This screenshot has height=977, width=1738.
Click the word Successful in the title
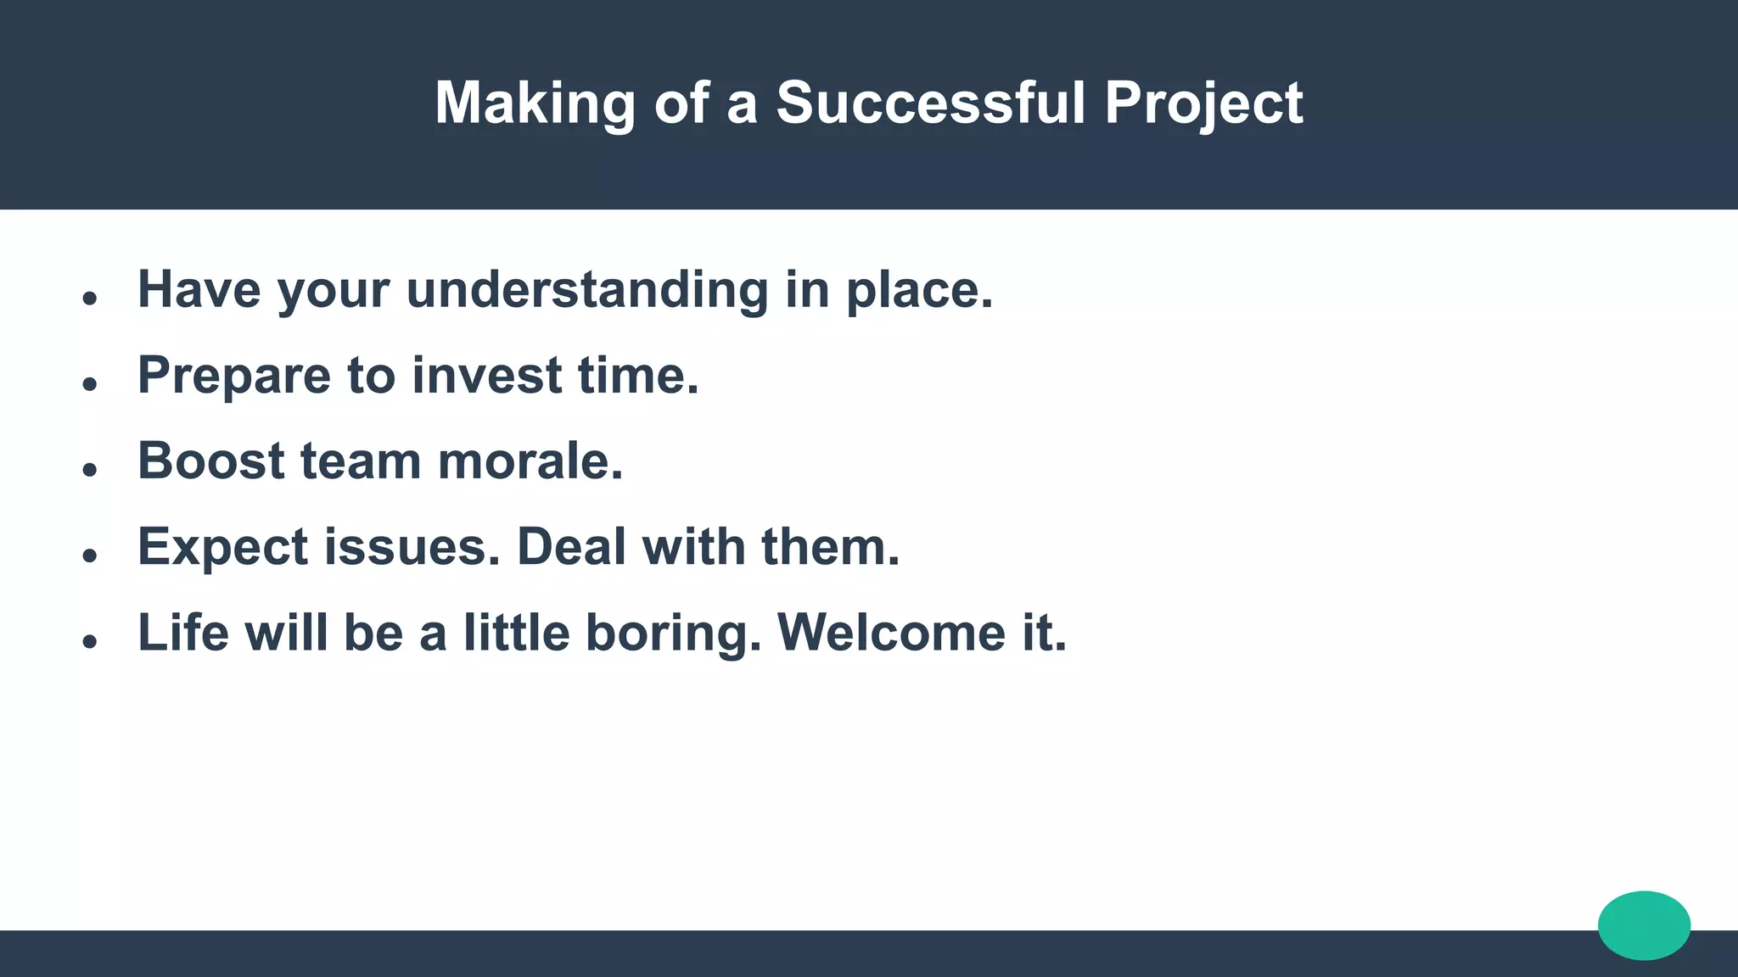930,103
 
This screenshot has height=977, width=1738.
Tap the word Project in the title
1203,103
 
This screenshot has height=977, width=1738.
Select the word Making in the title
535,103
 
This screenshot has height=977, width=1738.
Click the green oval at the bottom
1644,925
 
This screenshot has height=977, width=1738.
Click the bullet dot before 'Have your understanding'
90,299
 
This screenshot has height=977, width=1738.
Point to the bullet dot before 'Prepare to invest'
90,384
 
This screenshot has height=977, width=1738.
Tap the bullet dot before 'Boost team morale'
90,470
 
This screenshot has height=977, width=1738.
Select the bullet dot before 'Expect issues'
90,555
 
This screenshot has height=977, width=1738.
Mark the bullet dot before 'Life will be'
90,642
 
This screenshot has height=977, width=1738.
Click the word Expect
222,547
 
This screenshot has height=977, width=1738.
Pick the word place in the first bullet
918,290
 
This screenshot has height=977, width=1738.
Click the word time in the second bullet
637,375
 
